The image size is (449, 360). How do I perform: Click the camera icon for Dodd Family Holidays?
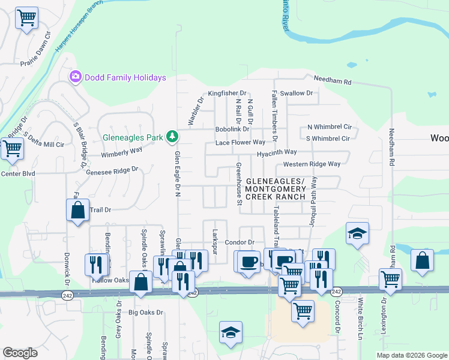pyautogui.click(x=76, y=77)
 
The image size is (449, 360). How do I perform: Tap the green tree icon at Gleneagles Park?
pyautogui.click(x=172, y=137)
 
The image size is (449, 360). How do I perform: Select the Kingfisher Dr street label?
pyautogui.click(x=227, y=93)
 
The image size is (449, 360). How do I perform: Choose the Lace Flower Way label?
pyautogui.click(x=240, y=142)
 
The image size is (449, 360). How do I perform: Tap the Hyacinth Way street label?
pyautogui.click(x=277, y=153)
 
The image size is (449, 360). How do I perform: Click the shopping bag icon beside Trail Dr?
pyautogui.click(x=77, y=211)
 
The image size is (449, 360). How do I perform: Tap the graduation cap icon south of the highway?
pyautogui.click(x=231, y=333)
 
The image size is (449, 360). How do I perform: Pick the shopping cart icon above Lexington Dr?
pyautogui.click(x=391, y=280)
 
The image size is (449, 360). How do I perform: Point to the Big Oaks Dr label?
pyautogui.click(x=146, y=313)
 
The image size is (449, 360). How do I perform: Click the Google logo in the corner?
pyautogui.click(x=20, y=353)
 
